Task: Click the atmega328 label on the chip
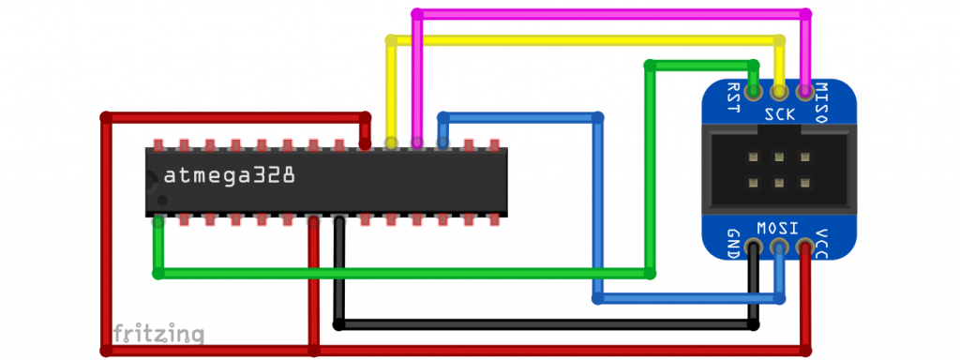point(230,175)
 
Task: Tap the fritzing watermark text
point(158,333)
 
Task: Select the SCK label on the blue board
point(779,115)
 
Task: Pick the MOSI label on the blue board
point(777,227)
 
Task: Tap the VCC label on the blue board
point(823,242)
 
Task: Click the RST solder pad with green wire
point(754,92)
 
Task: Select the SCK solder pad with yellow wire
point(778,92)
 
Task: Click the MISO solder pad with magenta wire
point(803,92)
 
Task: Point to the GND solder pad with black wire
point(754,248)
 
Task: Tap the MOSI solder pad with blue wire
point(778,248)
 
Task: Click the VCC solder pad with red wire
point(803,248)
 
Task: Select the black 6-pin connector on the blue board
point(778,170)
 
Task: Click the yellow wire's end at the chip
point(391,143)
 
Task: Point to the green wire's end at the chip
point(158,222)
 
